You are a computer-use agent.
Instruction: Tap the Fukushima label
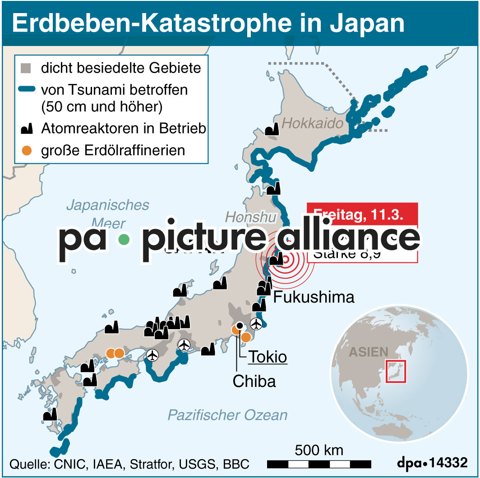tap(314, 297)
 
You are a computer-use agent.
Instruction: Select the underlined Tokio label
tap(268, 357)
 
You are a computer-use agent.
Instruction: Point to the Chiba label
tap(254, 381)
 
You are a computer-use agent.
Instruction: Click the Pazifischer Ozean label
tap(227, 415)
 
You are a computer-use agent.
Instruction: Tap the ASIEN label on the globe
tap(368, 352)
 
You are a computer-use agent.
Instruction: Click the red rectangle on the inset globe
tap(397, 372)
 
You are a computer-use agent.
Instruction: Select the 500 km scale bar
tap(319, 464)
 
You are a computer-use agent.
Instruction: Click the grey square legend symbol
tap(27, 69)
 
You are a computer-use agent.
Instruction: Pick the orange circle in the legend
tap(27, 150)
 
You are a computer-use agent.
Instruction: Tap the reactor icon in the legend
tap(27, 129)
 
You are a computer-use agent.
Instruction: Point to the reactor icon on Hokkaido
tap(272, 130)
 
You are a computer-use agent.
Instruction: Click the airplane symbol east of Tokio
tap(257, 323)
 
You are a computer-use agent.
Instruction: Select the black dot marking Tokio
tap(240, 326)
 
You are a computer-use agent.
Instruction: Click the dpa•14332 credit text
tap(432, 463)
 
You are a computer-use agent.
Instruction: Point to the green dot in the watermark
tap(123, 240)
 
